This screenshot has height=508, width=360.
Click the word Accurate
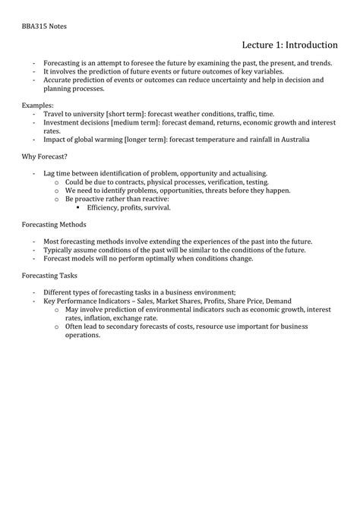tap(58, 79)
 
